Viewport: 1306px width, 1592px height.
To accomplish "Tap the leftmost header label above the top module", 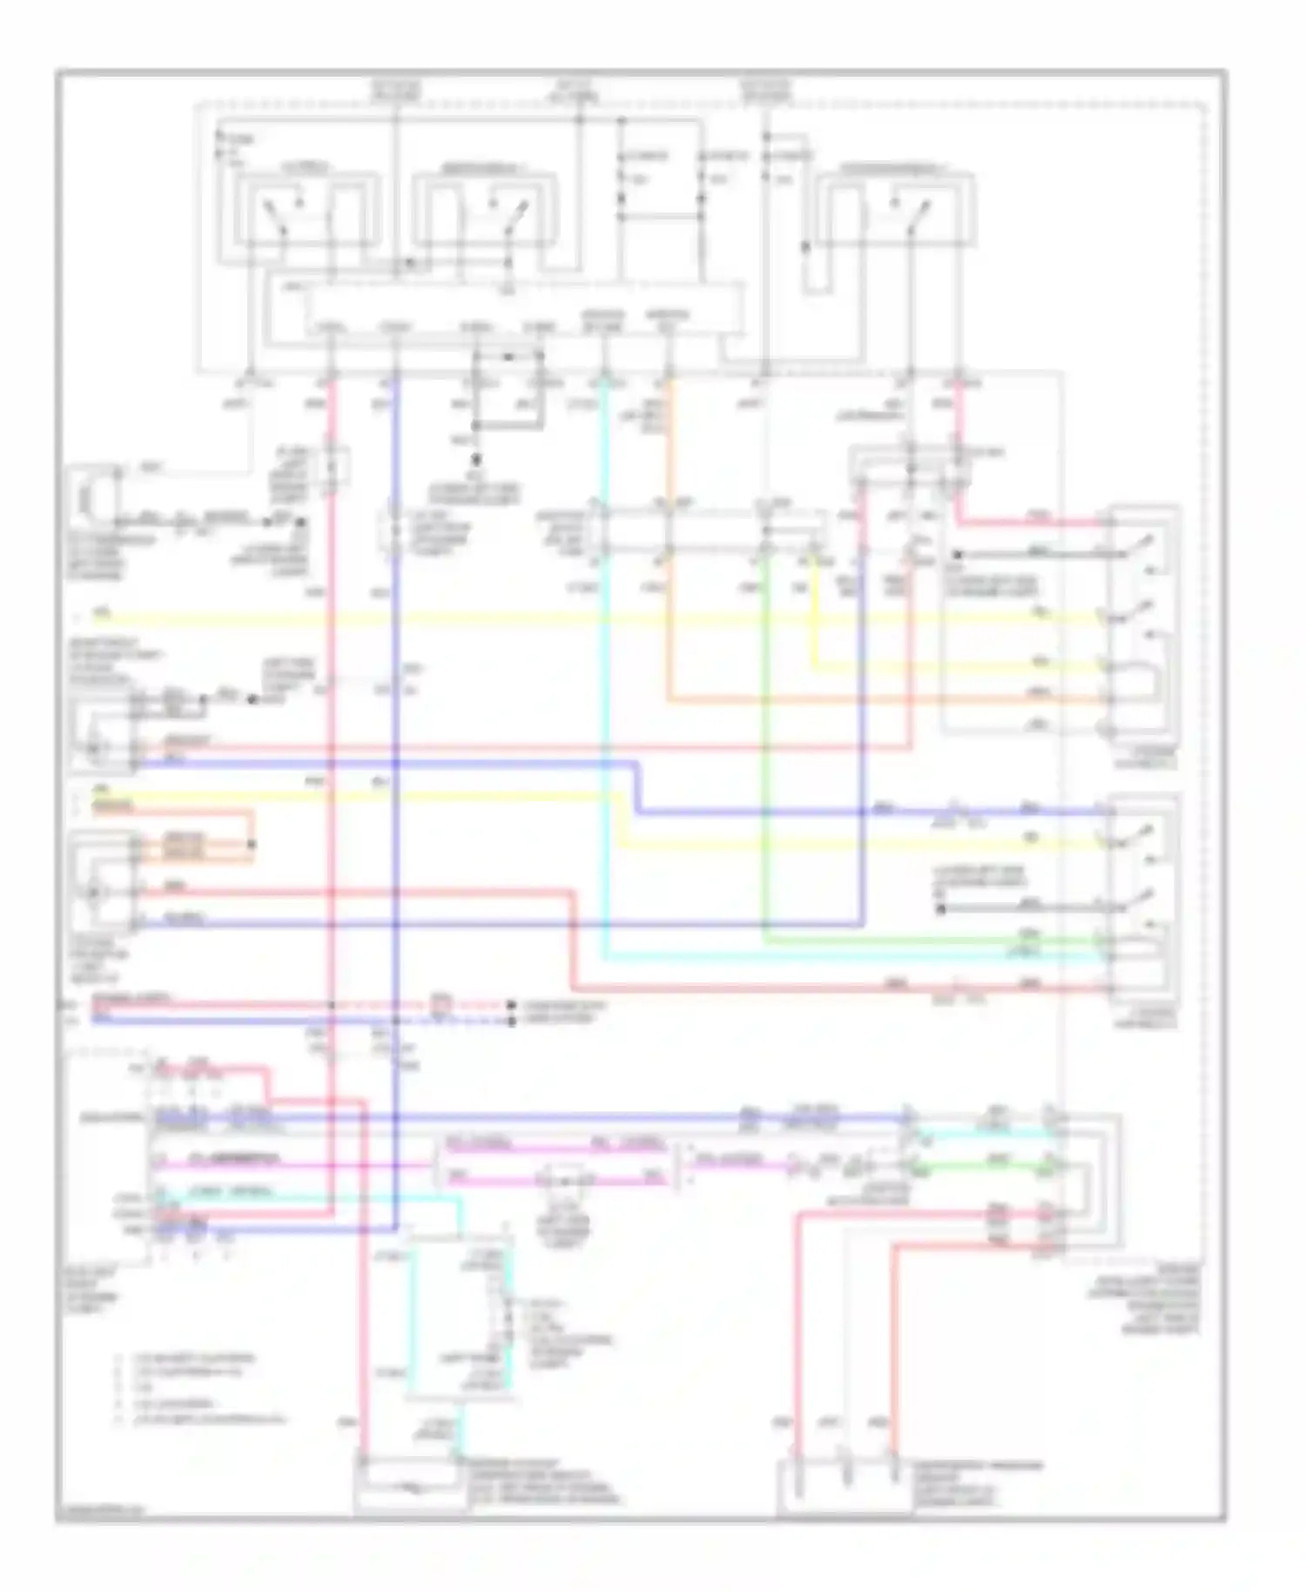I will coord(396,91).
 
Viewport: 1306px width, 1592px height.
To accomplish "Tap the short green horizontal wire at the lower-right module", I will coord(993,1165).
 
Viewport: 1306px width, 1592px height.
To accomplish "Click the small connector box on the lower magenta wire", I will coord(563,1181).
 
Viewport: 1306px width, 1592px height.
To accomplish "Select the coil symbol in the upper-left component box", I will coord(85,498).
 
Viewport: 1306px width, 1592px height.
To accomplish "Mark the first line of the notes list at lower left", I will coord(187,1358).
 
